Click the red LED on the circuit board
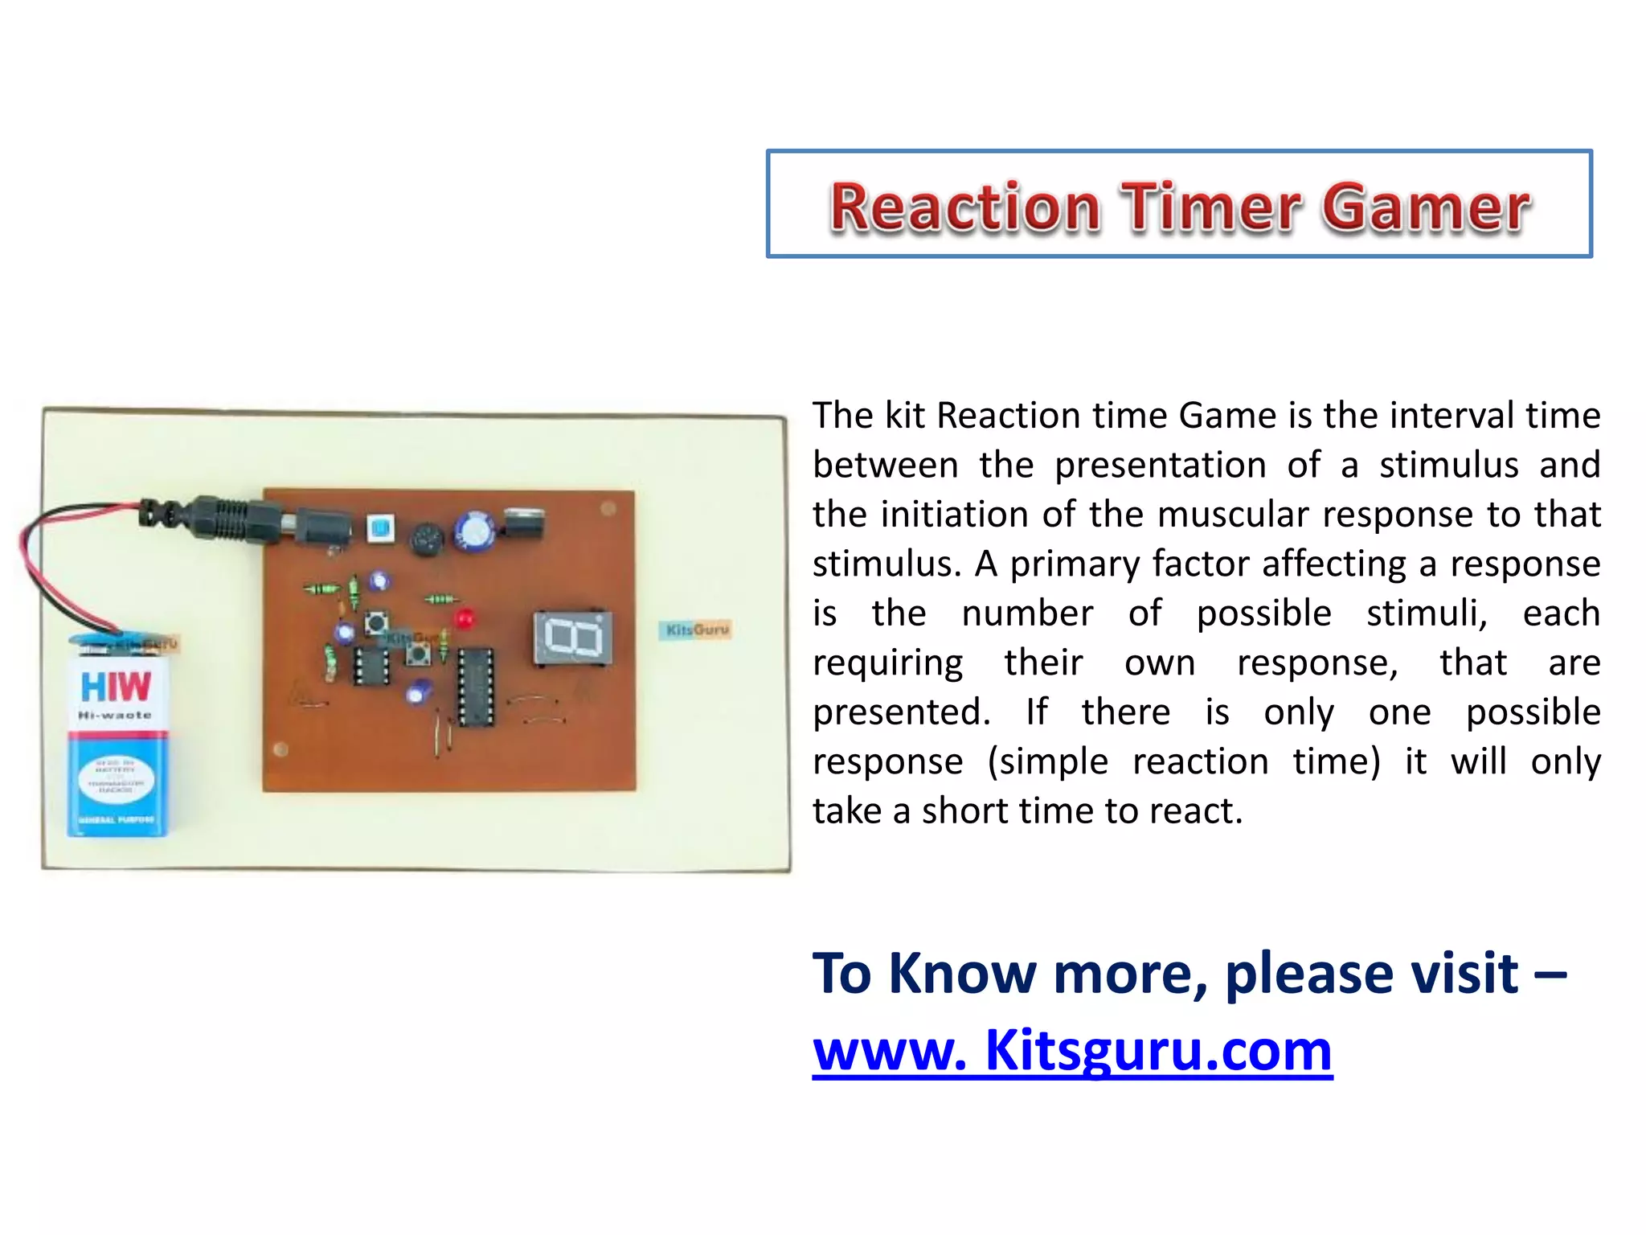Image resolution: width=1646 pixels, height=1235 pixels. tap(464, 619)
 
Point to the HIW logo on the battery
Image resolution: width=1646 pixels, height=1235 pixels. tap(116, 687)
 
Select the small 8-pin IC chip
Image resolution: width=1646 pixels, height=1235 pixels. tap(371, 665)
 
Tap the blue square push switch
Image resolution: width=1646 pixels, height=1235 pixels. tap(380, 528)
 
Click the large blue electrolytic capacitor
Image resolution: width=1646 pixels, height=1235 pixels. tap(474, 531)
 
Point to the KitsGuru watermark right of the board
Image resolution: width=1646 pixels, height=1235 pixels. tap(697, 630)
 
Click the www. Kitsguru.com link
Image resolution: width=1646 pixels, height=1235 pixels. tap(1072, 1050)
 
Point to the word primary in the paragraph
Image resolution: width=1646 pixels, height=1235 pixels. tap(1126, 564)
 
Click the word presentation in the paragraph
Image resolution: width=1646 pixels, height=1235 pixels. tap(1161, 466)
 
